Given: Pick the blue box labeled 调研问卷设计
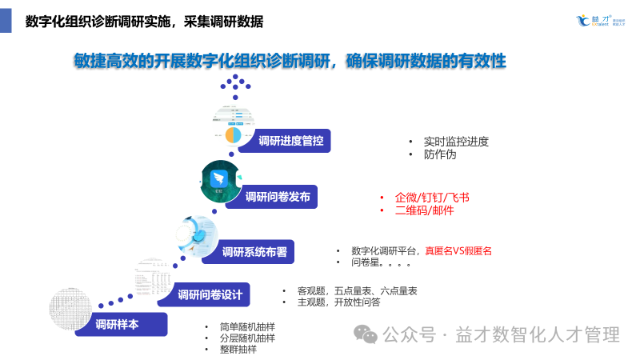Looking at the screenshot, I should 210,294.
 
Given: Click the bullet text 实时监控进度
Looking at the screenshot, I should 456,142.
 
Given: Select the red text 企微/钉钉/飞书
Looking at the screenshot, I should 432,197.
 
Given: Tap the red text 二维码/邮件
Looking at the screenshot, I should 424,210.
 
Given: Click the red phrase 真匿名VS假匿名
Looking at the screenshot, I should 458,250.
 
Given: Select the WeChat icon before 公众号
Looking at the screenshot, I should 368,334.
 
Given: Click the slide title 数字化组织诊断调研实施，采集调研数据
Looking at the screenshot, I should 144,21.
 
